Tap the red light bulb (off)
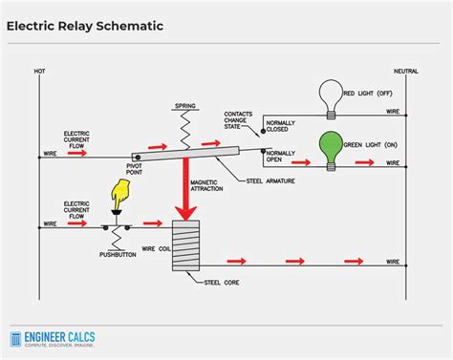click(x=331, y=96)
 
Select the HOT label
click(x=39, y=71)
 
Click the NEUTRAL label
click(x=405, y=71)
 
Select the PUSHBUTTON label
click(x=119, y=255)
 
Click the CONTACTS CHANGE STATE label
click(x=239, y=119)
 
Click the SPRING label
click(x=185, y=104)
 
